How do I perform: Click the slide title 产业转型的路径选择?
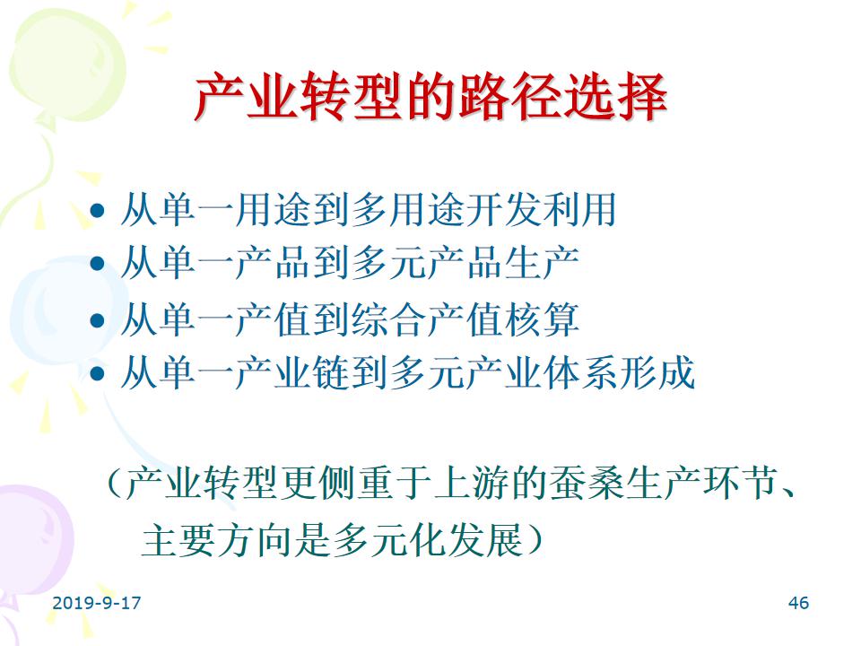[430, 97]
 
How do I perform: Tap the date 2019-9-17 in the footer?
[97, 603]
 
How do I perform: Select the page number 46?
[798, 603]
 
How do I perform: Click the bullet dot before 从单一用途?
[97, 210]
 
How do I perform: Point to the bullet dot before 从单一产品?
[97, 264]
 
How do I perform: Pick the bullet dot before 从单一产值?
[97, 320]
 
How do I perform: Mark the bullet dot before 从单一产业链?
[97, 373]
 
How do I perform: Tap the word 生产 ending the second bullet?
[541, 263]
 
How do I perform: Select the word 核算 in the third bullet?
[541, 319]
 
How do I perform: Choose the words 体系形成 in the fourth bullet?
[619, 373]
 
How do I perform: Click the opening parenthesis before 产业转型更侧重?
[114, 484]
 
